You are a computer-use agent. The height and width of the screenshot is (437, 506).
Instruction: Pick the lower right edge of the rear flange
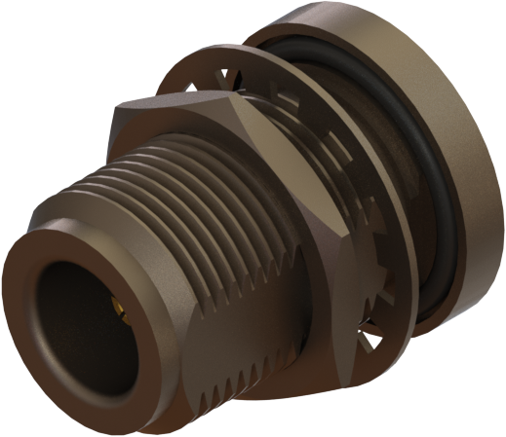tap(458, 311)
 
